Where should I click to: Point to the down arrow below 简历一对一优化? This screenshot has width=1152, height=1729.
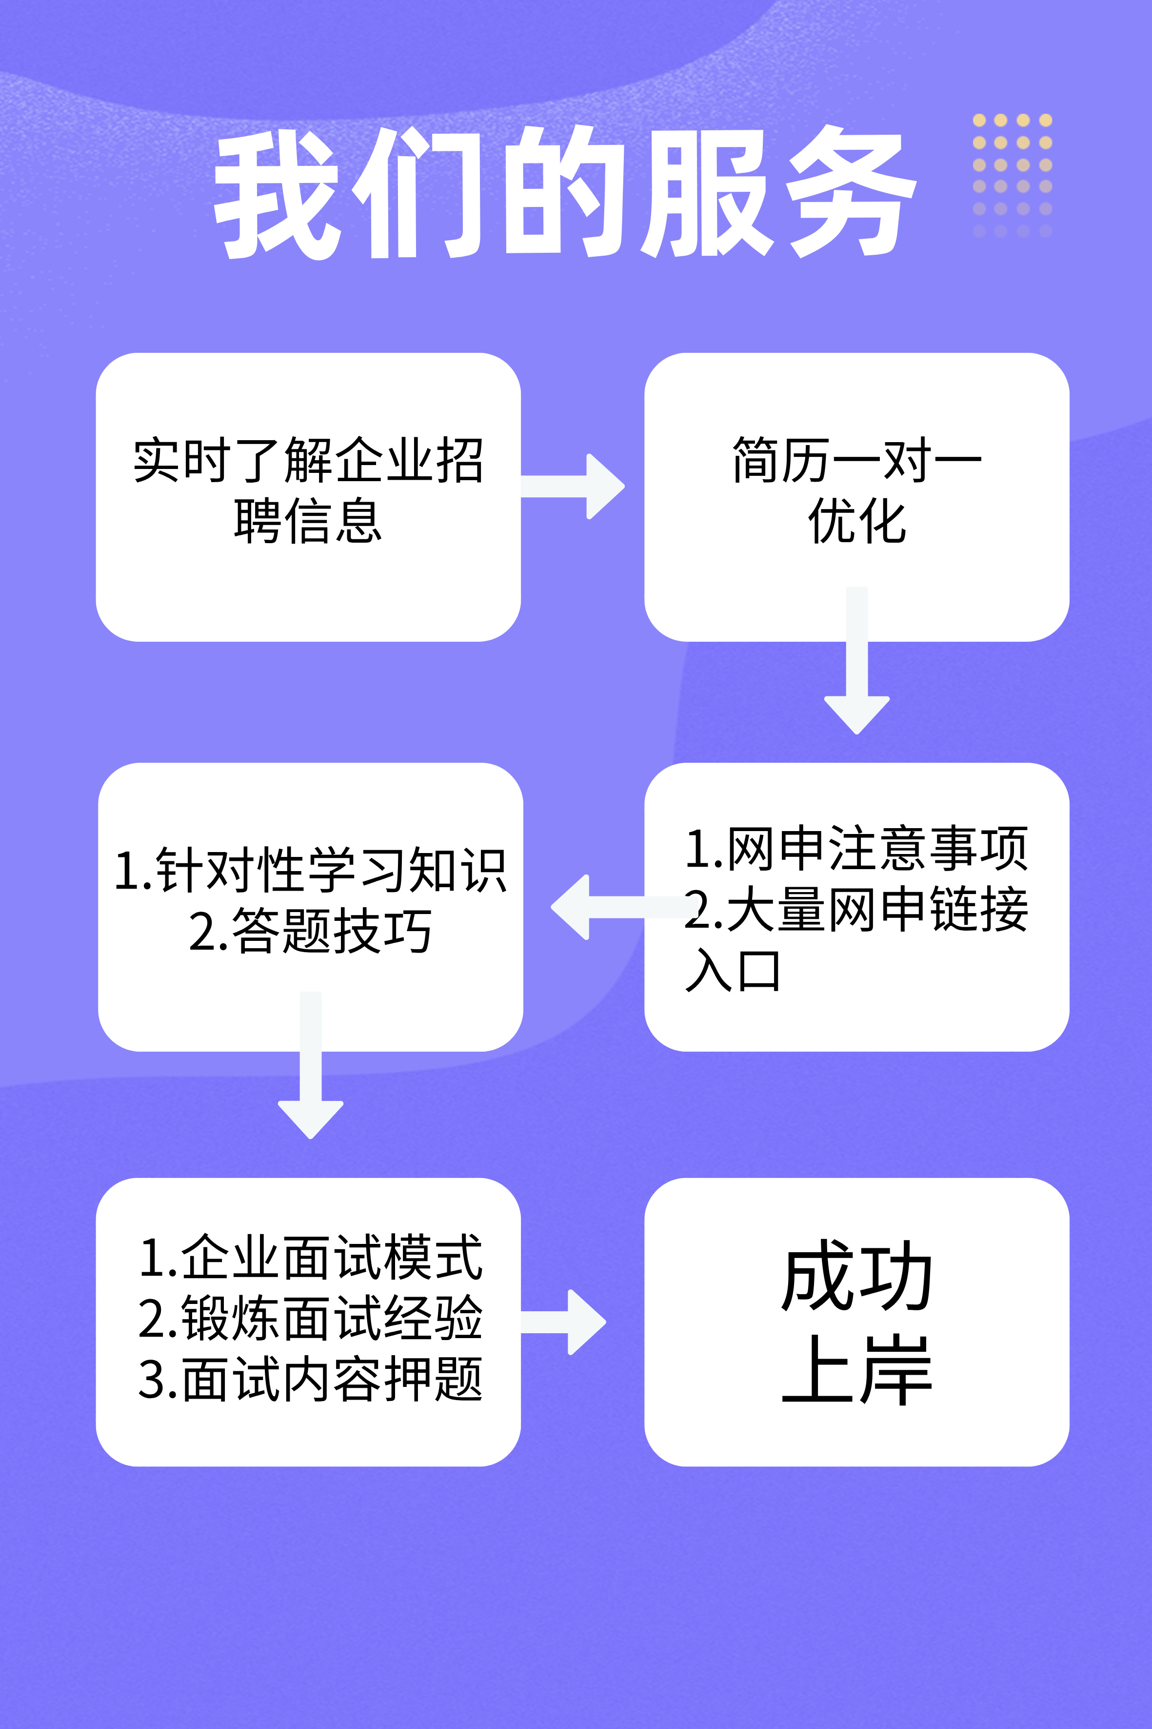pyautogui.click(x=856, y=662)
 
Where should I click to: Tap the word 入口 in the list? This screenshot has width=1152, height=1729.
pyautogui.click(x=733, y=970)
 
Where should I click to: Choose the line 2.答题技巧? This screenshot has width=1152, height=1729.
pyautogui.click(x=310, y=931)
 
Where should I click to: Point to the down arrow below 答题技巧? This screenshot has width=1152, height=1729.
pyautogui.click(x=311, y=1066)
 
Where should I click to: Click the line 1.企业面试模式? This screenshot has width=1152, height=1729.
pyautogui.click(x=310, y=1257)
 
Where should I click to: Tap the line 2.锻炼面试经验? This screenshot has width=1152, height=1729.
pyautogui.click(x=310, y=1318)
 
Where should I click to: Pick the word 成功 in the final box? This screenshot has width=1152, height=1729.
pyautogui.click(x=856, y=1276)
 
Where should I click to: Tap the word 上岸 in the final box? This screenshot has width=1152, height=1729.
pyautogui.click(x=856, y=1370)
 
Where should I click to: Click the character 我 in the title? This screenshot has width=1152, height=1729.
pyautogui.click(x=278, y=194)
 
